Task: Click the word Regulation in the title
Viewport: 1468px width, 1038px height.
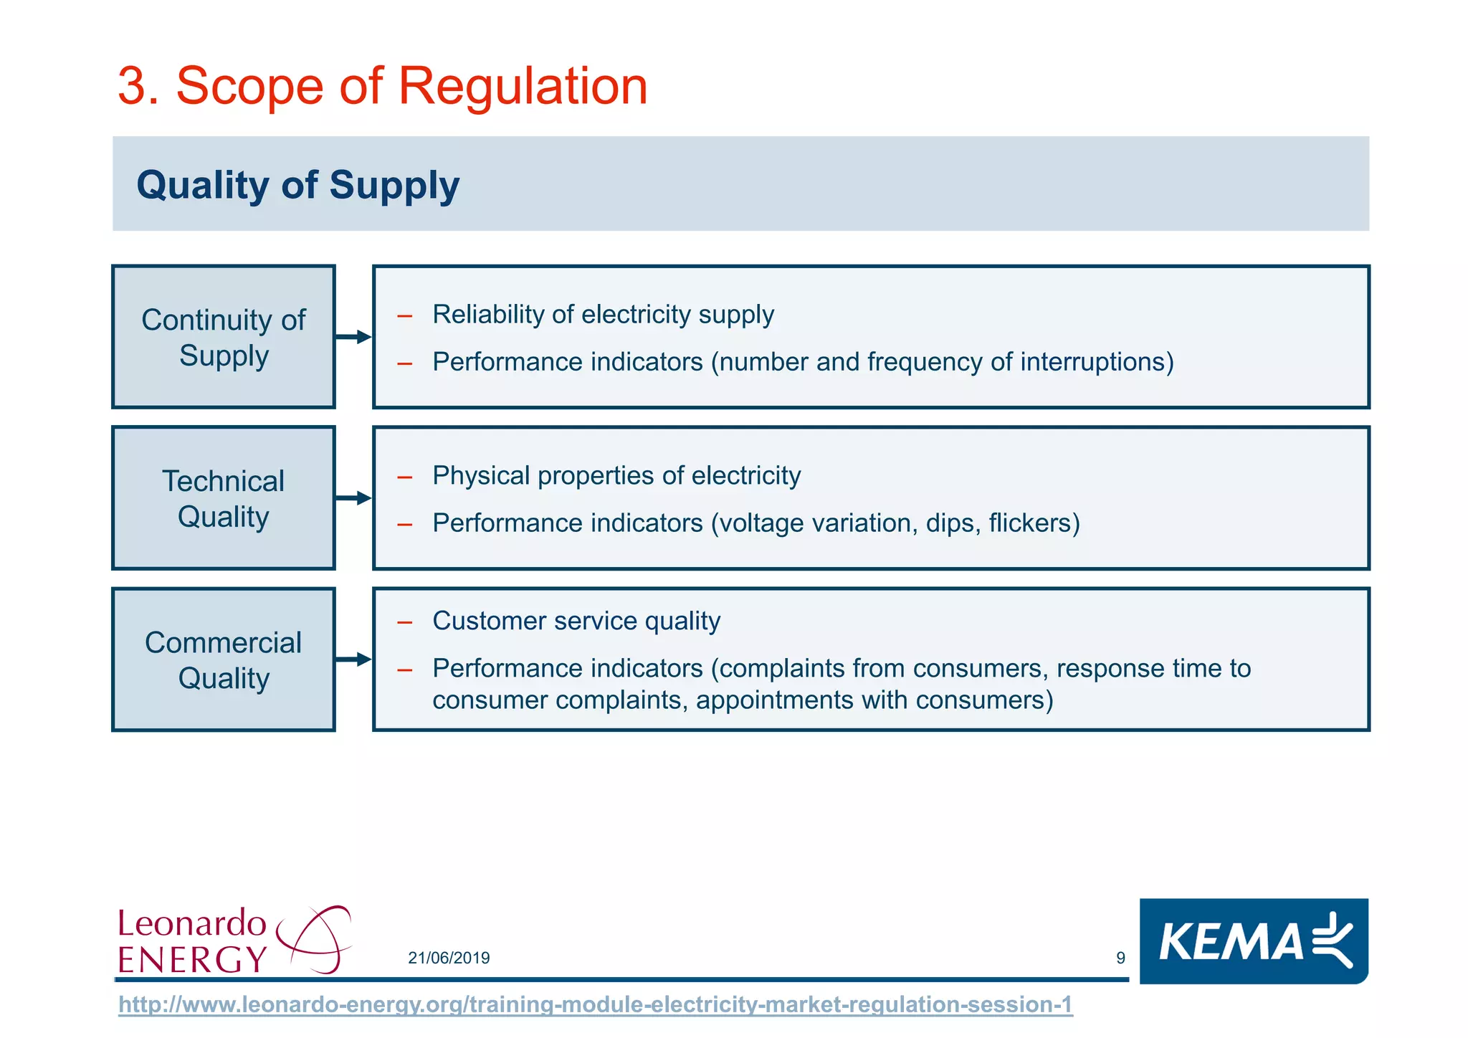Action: click(x=522, y=87)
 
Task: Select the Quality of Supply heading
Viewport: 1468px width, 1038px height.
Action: click(x=297, y=185)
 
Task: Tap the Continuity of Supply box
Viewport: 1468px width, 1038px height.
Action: click(x=224, y=337)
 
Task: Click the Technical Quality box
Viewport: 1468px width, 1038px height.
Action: click(x=224, y=498)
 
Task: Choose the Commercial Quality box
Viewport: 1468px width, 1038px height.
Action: click(x=224, y=660)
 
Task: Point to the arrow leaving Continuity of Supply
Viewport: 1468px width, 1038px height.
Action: click(x=353, y=337)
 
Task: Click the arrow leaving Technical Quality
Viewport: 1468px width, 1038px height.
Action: click(x=353, y=498)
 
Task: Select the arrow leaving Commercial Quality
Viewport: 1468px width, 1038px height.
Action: click(x=353, y=660)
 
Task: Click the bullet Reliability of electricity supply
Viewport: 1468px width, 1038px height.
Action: click(x=603, y=315)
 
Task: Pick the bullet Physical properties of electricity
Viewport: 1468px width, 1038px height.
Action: click(x=616, y=476)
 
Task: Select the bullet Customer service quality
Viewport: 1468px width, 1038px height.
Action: click(x=576, y=621)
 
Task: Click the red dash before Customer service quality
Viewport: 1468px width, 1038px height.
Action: click(x=405, y=622)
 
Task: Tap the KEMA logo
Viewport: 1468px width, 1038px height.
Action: click(x=1254, y=941)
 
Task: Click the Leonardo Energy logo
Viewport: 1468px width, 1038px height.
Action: click(x=234, y=940)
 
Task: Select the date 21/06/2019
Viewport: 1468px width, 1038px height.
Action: click(x=449, y=958)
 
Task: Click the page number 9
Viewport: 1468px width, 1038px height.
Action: click(x=1120, y=958)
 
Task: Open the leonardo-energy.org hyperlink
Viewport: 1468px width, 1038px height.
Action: click(x=595, y=1005)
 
